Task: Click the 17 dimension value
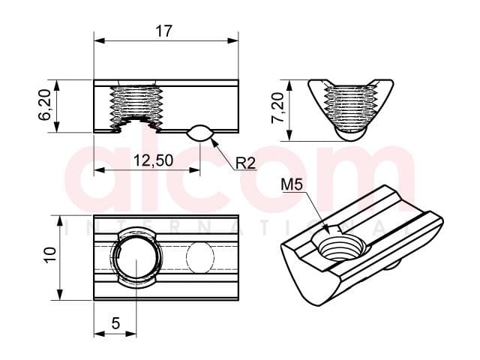click(164, 31)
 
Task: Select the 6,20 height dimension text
click(45, 105)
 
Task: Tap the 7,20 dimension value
click(278, 108)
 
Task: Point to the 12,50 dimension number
click(153, 160)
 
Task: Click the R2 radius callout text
click(245, 163)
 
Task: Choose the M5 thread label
click(292, 184)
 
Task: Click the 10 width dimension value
click(50, 255)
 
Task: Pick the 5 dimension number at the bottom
click(115, 323)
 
